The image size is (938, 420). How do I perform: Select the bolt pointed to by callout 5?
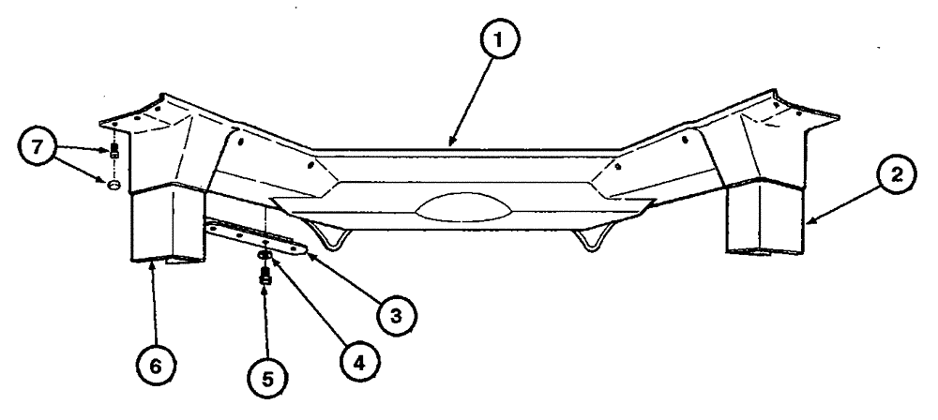[265, 275]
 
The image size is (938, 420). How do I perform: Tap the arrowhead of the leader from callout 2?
[805, 223]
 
